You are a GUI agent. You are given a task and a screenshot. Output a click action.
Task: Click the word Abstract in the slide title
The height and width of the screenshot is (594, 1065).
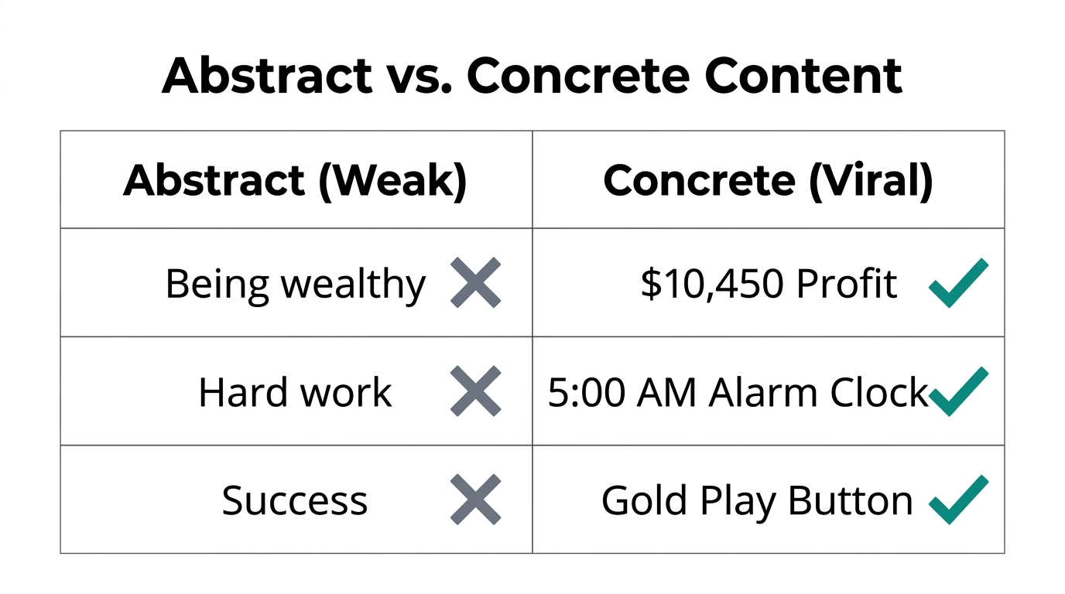(267, 76)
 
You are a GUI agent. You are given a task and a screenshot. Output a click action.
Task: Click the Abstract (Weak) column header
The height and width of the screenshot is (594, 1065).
(295, 180)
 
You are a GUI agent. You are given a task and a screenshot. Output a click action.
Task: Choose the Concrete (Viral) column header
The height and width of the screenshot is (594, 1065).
(768, 180)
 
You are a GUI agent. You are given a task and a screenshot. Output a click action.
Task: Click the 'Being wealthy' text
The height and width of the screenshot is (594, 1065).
(295, 284)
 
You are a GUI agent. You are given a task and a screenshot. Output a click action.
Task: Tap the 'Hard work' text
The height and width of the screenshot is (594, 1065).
(295, 392)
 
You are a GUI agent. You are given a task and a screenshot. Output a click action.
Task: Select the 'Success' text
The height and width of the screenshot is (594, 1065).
(295, 500)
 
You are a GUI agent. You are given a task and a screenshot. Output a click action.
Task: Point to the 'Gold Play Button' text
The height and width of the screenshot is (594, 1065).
(757, 500)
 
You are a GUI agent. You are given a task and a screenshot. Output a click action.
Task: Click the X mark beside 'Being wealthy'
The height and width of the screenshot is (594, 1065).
(475, 283)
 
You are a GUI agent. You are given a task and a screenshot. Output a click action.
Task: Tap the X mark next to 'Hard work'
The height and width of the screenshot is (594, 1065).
(475, 391)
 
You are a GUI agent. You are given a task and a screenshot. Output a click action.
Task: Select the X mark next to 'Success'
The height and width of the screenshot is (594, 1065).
(475, 500)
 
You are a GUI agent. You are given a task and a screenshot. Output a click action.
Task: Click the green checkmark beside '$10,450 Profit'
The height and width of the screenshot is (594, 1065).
(957, 283)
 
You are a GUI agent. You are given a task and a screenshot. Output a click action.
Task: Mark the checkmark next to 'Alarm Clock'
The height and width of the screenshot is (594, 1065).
(957, 391)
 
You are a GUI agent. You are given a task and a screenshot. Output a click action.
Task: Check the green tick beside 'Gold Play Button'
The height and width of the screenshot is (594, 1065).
(957, 500)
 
